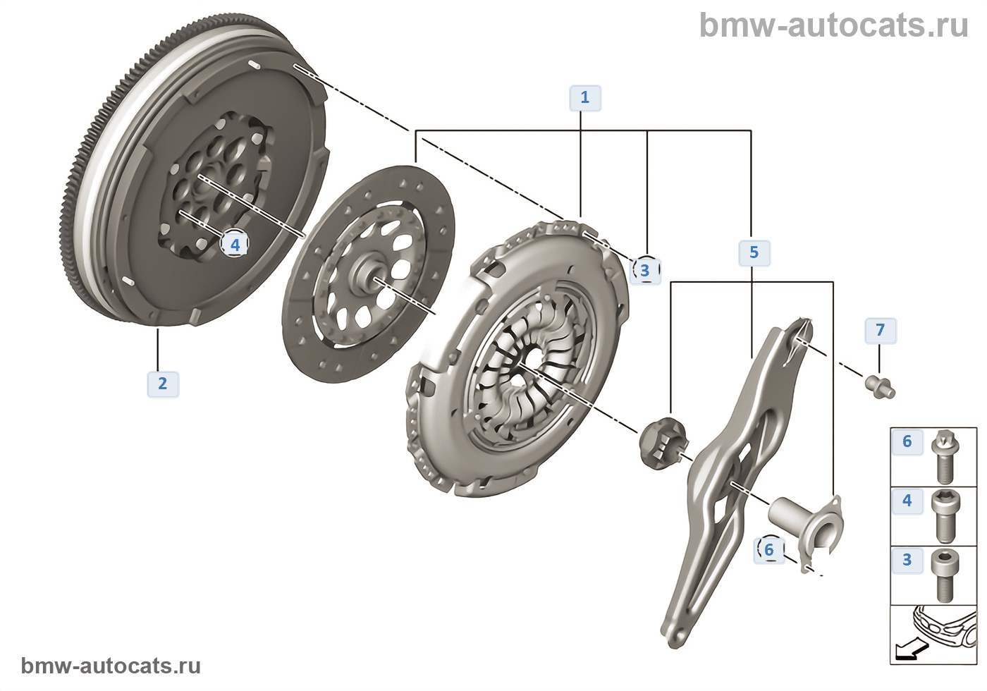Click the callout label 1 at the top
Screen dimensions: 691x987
coord(584,98)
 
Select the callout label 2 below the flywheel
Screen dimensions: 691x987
coord(163,384)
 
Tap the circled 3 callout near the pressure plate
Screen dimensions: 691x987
coord(644,270)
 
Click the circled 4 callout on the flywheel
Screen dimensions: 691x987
coord(235,244)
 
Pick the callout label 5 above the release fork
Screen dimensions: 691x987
coord(754,252)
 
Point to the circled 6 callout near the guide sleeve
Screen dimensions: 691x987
coord(768,550)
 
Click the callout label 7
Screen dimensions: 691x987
coord(880,330)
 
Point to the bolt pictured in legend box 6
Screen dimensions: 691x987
coord(943,456)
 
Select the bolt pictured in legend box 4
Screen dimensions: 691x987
coord(943,515)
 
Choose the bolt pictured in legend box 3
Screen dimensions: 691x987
coord(943,575)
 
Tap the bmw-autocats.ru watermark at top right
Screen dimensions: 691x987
coord(833,26)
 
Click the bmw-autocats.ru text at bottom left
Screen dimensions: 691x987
coord(111,666)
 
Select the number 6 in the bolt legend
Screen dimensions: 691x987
coord(907,441)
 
